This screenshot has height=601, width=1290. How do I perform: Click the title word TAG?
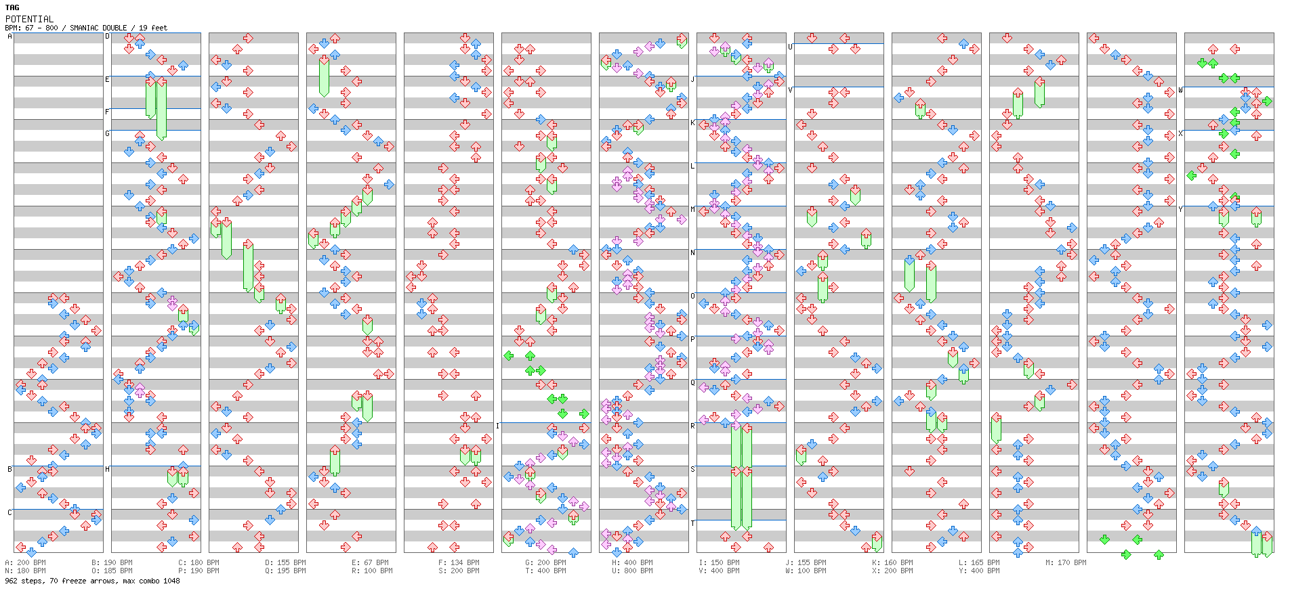12,7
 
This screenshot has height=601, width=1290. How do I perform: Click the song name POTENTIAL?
29,19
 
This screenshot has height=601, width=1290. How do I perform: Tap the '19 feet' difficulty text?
153,28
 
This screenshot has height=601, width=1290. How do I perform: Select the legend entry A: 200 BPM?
26,562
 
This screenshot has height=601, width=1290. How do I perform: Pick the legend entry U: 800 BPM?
632,571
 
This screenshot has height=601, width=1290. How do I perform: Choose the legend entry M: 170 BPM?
1066,562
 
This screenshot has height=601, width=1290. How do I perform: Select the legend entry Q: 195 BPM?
285,571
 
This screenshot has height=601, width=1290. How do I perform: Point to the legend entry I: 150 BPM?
719,562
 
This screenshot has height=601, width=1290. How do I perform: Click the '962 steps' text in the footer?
24,581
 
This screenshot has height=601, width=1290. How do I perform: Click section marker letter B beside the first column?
9,469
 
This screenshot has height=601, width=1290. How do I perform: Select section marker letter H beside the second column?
107,469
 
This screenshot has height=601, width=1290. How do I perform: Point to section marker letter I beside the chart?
497,426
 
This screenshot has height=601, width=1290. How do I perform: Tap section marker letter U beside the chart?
790,47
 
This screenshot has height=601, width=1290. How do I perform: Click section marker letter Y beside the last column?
1180,209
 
